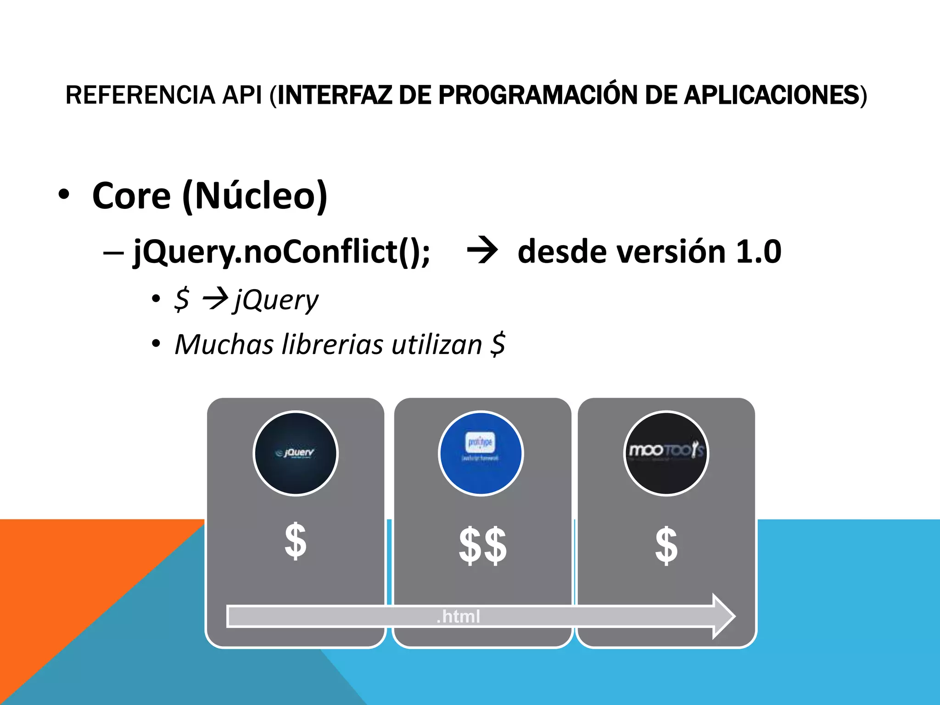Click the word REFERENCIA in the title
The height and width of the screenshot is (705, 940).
pyautogui.click(x=140, y=95)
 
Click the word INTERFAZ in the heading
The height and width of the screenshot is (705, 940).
pyautogui.click(x=334, y=95)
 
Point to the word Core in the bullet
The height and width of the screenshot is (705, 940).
pyautogui.click(x=131, y=196)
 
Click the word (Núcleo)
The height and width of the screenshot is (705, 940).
pyautogui.click(x=255, y=196)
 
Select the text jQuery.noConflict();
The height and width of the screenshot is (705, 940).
pyautogui.click(x=281, y=252)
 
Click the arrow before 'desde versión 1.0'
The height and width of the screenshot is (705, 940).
pyautogui.click(x=482, y=251)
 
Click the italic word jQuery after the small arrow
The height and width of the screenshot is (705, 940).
pyautogui.click(x=276, y=301)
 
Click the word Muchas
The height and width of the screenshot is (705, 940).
pyautogui.click(x=224, y=344)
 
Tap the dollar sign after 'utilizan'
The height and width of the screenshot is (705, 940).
pyautogui.click(x=498, y=344)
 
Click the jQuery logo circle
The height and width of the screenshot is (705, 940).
pyautogui.click(x=296, y=453)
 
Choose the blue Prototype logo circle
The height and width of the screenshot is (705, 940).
pyautogui.click(x=481, y=453)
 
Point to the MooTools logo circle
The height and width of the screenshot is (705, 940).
pyautogui.click(x=666, y=453)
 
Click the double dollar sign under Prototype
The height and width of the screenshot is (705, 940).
pyautogui.click(x=482, y=545)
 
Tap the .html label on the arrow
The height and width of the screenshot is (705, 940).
pyautogui.click(x=458, y=616)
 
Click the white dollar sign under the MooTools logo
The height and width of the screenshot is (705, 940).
pyautogui.click(x=666, y=545)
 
